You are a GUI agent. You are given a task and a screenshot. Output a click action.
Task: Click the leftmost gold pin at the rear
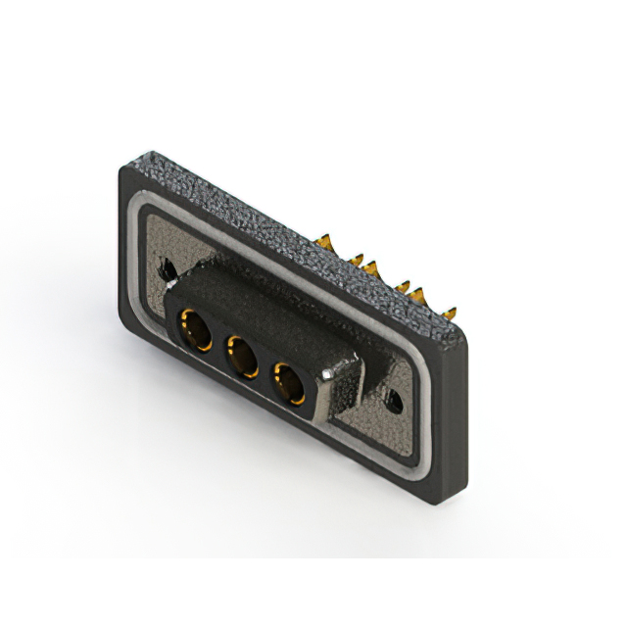325,242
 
